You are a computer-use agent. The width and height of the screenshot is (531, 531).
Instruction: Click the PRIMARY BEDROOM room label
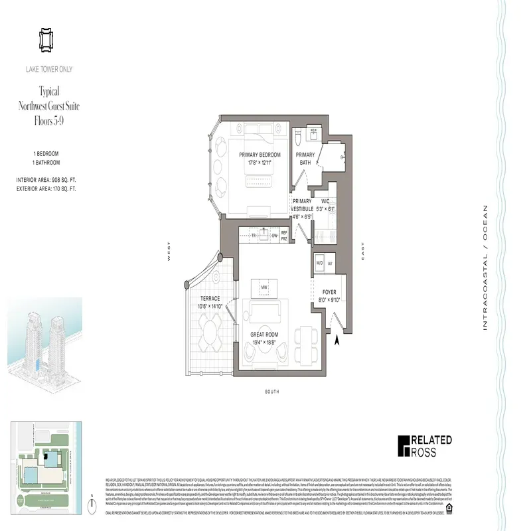tap(260, 155)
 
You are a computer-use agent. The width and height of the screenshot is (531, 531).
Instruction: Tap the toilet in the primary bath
tap(299, 137)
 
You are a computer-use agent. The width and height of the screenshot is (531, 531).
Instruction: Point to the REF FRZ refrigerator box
tap(284, 235)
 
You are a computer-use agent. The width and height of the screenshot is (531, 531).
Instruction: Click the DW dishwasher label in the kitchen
tap(273, 235)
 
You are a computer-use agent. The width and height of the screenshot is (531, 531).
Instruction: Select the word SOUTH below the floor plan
tap(271, 392)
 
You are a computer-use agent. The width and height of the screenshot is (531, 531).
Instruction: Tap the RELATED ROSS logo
tap(425, 445)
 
